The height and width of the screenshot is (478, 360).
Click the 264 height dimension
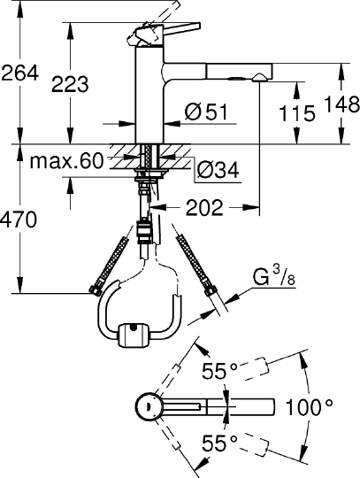pyautogui.click(x=20, y=73)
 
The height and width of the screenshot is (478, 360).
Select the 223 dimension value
pyautogui.click(x=70, y=84)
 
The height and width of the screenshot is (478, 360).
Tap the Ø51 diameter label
pyautogui.click(x=206, y=112)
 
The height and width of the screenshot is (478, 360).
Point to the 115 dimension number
pyautogui.click(x=297, y=113)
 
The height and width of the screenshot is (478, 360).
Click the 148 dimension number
pyautogui.click(x=341, y=104)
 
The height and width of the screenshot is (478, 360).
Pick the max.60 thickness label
pyautogui.click(x=66, y=161)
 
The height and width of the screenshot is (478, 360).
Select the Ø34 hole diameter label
pyautogui.click(x=218, y=170)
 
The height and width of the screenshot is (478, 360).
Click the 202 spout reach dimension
pyautogui.click(x=204, y=208)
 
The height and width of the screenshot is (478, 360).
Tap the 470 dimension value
pyautogui.click(x=19, y=220)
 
